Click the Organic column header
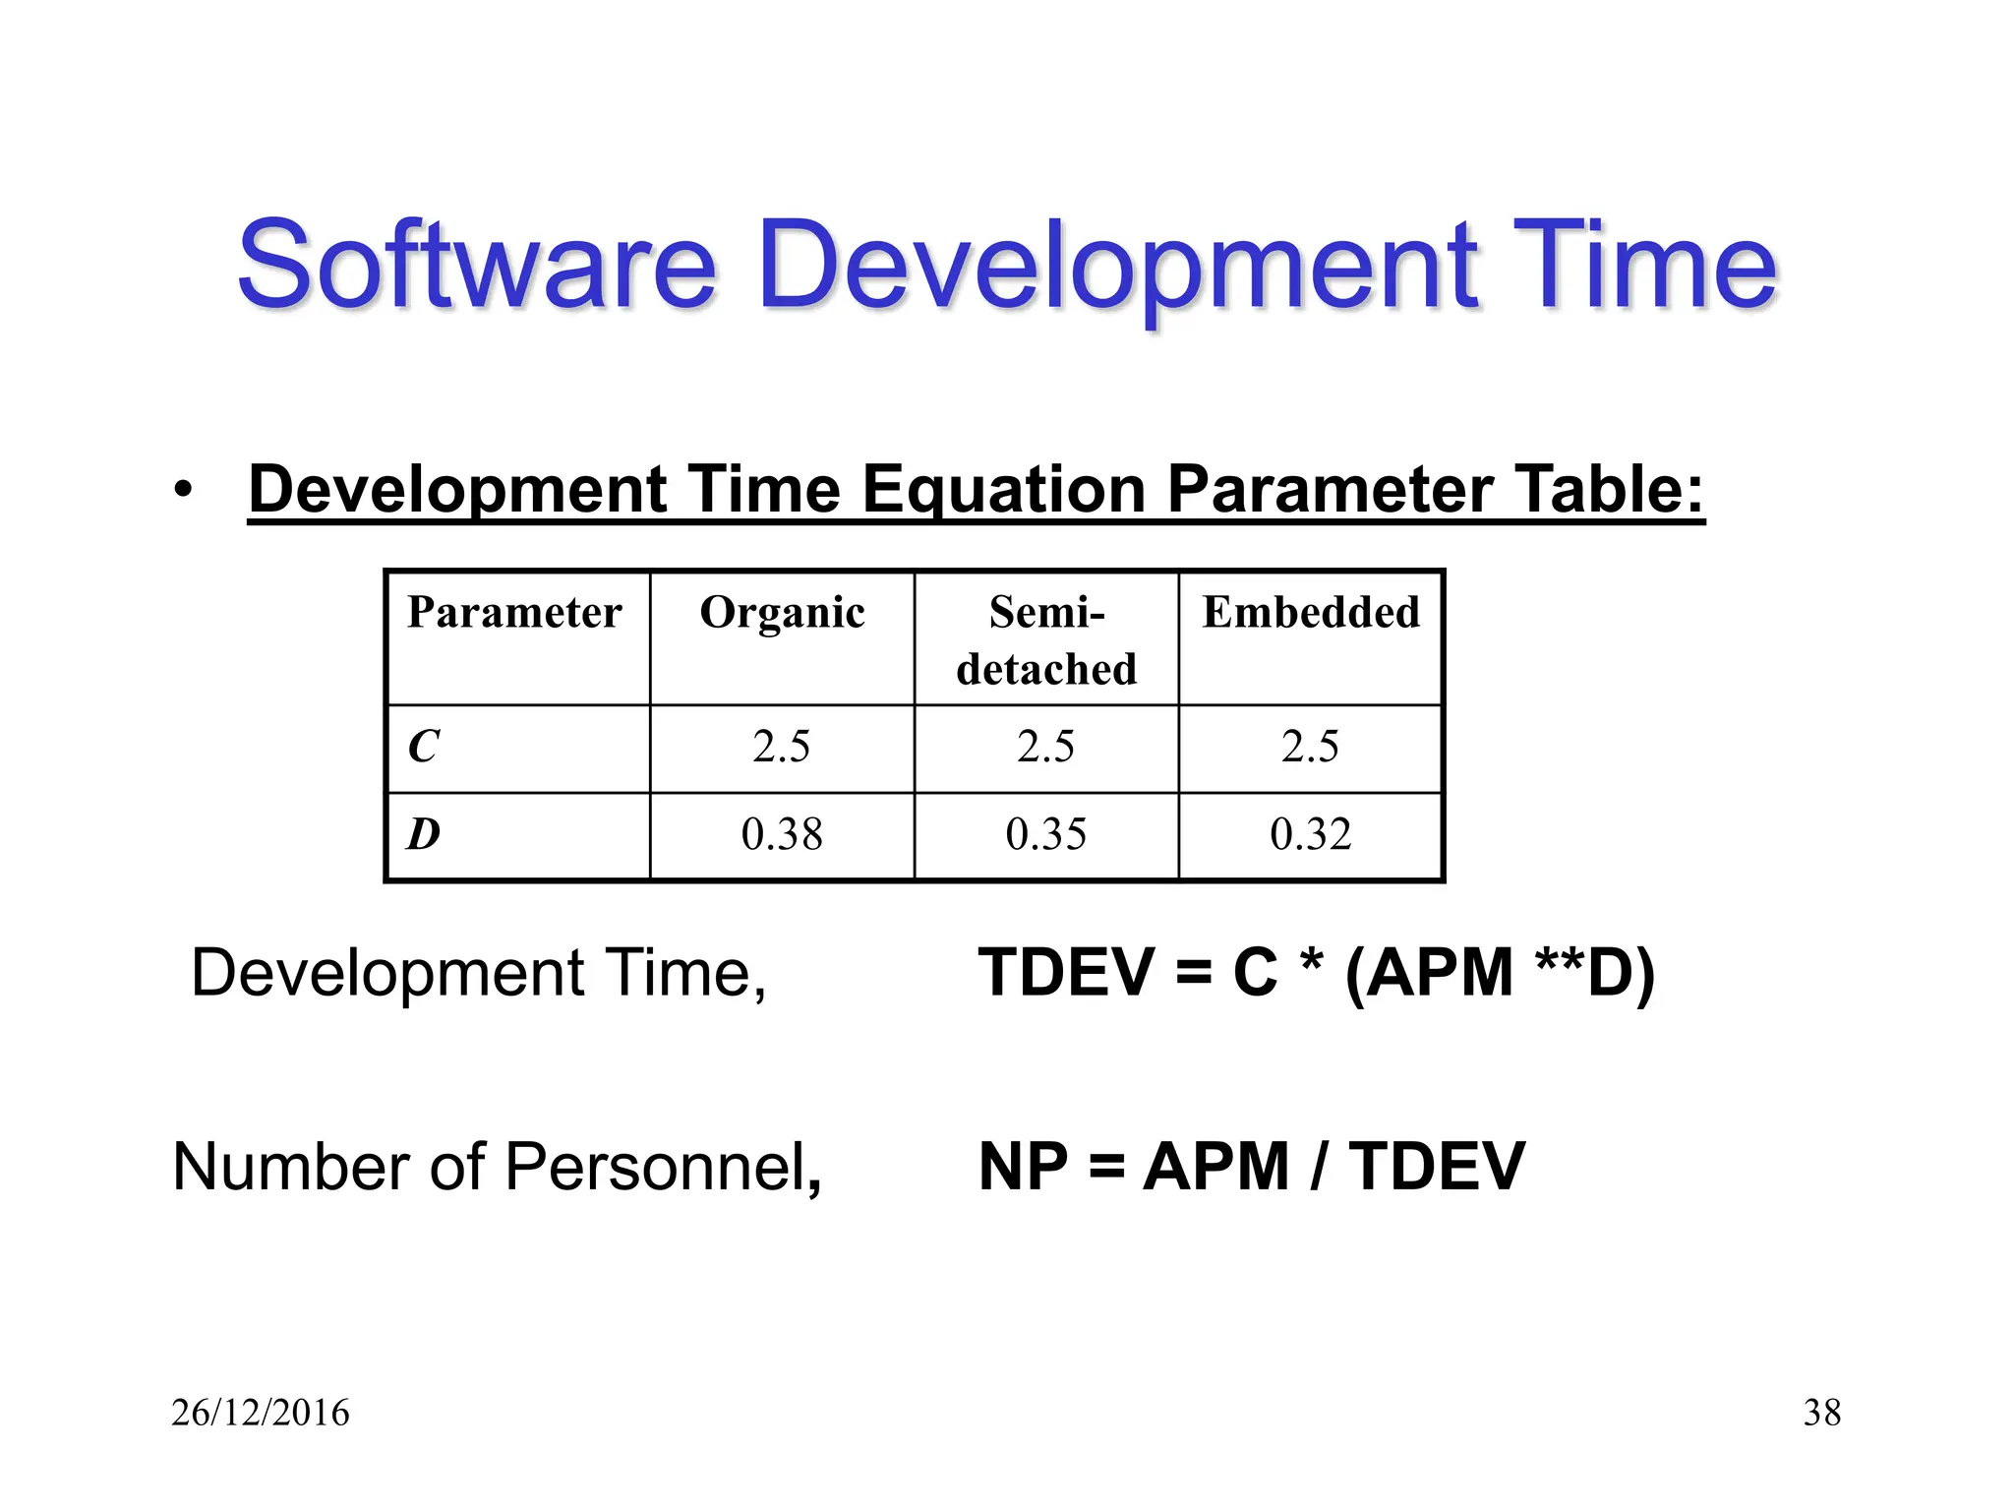tap(782, 613)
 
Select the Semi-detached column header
tap(1046, 639)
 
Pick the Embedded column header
tap(1311, 613)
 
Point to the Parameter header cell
tap(514, 613)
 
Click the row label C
tap(424, 747)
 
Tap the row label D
tap(424, 834)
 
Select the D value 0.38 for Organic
tap(782, 834)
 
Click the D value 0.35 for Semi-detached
tap(1046, 834)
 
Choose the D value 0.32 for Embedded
tap(1311, 834)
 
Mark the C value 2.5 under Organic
tap(782, 747)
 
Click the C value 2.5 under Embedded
tap(1311, 747)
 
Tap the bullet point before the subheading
tap(182, 489)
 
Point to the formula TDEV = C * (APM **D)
tap(1317, 973)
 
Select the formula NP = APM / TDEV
tap(1252, 1167)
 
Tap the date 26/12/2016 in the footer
tap(261, 1413)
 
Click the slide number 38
tap(1821, 1413)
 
